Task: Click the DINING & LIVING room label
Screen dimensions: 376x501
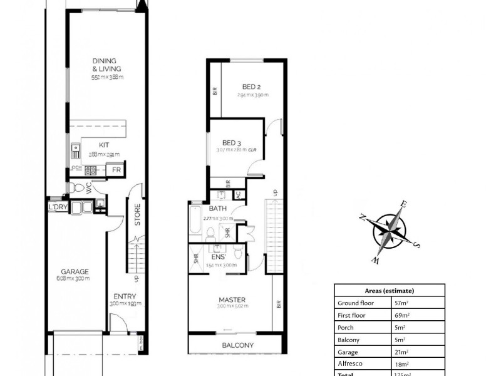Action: [106, 65]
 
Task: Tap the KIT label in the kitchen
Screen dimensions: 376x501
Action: [103, 145]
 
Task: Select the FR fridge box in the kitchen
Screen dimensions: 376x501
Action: [116, 170]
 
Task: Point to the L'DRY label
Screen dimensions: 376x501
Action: [57, 207]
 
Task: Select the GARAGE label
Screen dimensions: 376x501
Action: [75, 271]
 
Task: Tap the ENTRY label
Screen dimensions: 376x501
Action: [125, 296]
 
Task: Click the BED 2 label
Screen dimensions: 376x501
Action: [252, 87]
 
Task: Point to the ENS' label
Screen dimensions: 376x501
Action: [218, 257]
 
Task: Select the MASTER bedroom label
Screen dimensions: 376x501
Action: [232, 299]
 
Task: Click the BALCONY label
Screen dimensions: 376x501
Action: [237, 345]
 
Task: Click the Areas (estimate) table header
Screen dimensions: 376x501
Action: [389, 291]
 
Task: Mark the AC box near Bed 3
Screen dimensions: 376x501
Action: [238, 194]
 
